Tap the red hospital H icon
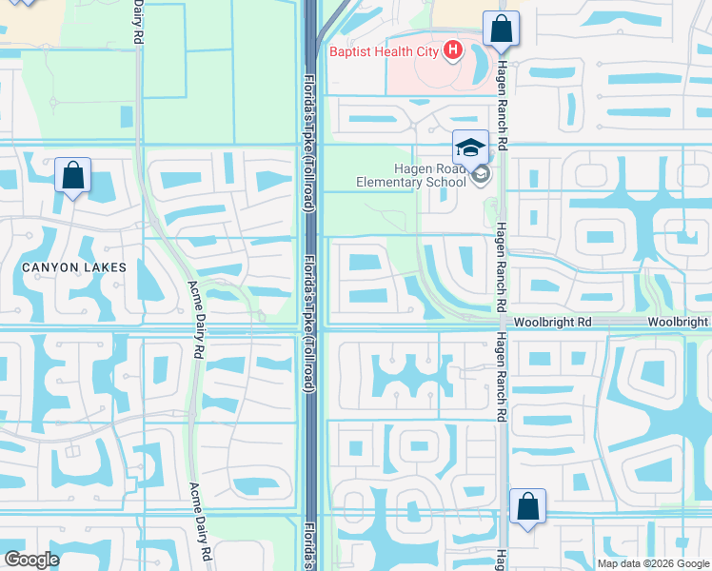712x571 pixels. point(452,50)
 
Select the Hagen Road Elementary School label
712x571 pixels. point(410,175)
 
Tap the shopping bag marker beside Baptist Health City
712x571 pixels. point(501,30)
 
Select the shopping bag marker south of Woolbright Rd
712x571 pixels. point(527,508)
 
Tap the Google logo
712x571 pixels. point(31,560)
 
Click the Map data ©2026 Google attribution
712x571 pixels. point(653,563)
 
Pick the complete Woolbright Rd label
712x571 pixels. point(553,323)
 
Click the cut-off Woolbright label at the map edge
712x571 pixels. point(679,323)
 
